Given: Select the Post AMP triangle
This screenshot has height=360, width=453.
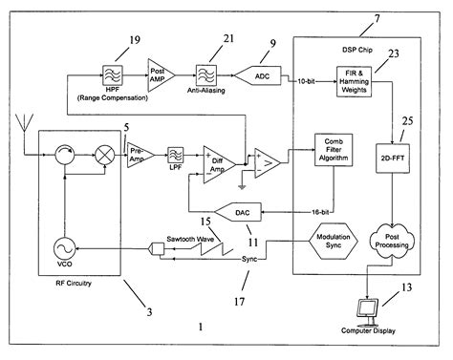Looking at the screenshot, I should (158, 71).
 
